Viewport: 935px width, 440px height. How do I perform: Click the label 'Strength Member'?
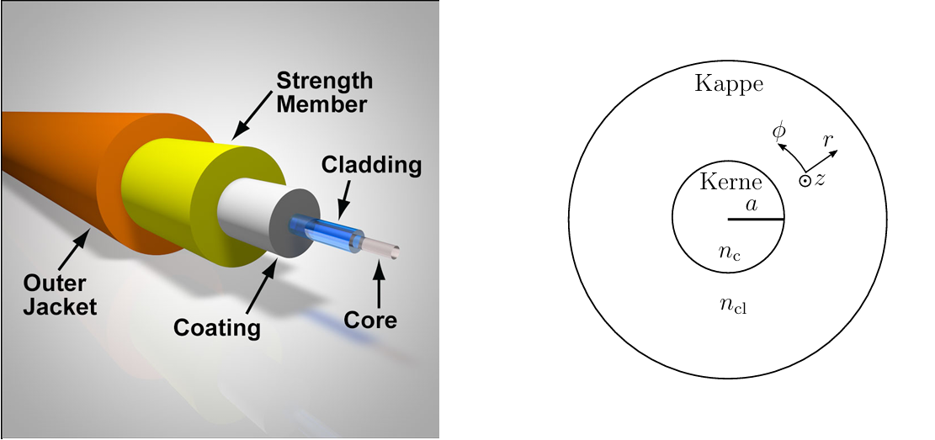(x=324, y=93)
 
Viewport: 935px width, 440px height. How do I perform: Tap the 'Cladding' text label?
(x=371, y=165)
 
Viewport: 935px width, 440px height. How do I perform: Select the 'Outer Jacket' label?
(x=60, y=295)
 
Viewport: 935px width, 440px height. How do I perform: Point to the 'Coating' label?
(x=217, y=326)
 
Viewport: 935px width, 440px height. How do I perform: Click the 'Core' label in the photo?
(x=370, y=320)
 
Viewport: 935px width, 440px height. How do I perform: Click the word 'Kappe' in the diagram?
(x=729, y=84)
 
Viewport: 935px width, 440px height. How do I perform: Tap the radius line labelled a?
(x=756, y=220)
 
